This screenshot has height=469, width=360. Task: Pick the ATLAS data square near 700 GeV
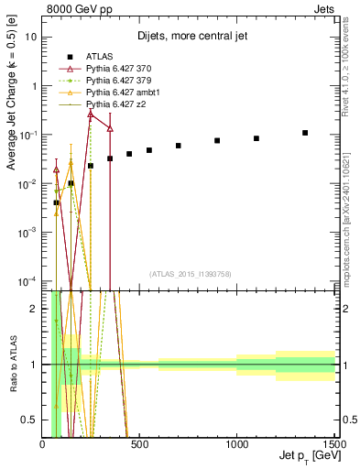179,146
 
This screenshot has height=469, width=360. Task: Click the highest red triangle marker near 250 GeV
91,114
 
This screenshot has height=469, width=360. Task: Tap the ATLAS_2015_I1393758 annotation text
190,273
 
